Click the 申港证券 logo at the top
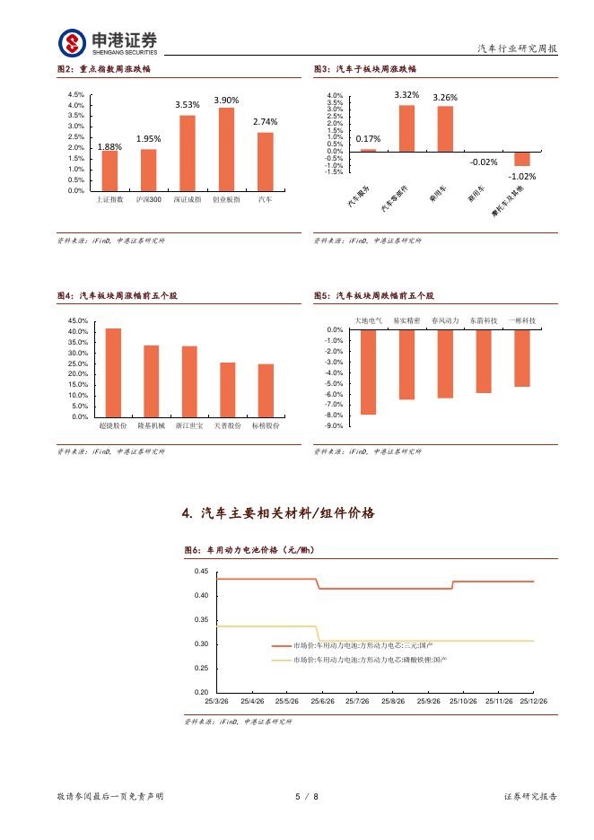pyautogui.click(x=108, y=41)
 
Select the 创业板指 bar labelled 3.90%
pyautogui.click(x=226, y=149)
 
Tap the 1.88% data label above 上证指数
pyautogui.click(x=109, y=146)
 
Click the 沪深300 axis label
pyautogui.click(x=149, y=199)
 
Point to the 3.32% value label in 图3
pyautogui.click(x=406, y=94)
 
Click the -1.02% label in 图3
pyautogui.click(x=522, y=177)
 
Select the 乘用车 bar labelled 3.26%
pyautogui.click(x=445, y=128)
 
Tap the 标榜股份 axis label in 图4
pyautogui.click(x=265, y=425)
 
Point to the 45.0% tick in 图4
pyautogui.click(x=77, y=320)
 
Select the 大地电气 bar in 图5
pyautogui.click(x=368, y=372)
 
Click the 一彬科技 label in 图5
pyautogui.click(x=522, y=320)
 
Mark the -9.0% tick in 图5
pyautogui.click(x=334, y=426)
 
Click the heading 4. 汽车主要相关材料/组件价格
pyautogui.click(x=278, y=513)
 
